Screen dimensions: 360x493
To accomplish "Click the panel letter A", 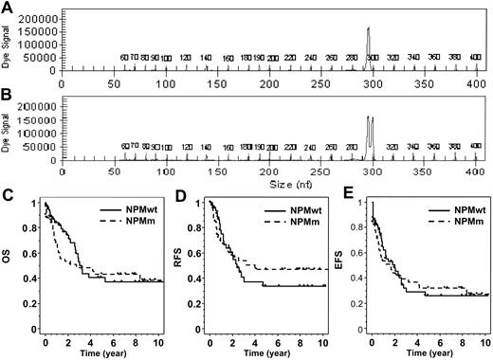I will pos(9,8).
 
